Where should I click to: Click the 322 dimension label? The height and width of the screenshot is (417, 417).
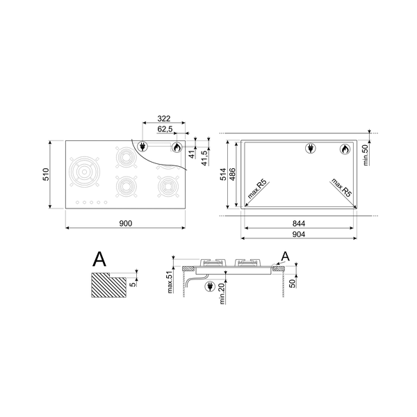(164, 119)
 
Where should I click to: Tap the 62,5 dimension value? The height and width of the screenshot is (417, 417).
(165, 129)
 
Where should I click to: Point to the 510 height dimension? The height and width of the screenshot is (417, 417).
(44, 174)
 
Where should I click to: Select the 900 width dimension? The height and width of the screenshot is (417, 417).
(125, 223)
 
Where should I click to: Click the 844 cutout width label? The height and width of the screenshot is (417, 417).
(299, 223)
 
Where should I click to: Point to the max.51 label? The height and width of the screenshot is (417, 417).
(170, 281)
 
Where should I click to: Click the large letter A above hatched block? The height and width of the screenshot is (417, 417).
(100, 260)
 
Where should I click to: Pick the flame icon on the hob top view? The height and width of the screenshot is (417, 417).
(177, 147)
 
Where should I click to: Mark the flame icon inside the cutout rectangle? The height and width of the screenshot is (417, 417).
(345, 148)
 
